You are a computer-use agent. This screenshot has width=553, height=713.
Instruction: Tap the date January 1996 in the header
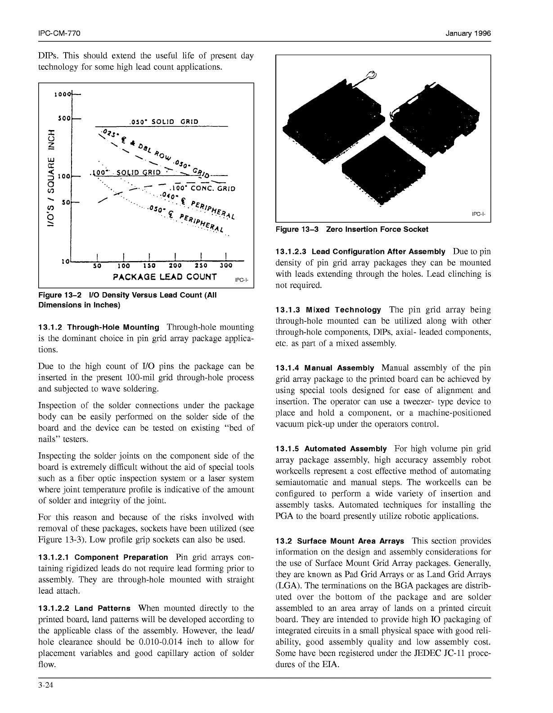(x=468, y=34)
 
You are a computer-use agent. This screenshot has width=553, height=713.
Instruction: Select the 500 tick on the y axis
(x=64, y=118)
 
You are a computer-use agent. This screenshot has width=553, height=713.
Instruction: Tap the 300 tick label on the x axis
(x=226, y=266)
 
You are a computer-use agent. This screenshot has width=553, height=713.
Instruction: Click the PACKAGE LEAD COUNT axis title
(x=165, y=276)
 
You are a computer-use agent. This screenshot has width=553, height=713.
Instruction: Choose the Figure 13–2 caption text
(x=128, y=300)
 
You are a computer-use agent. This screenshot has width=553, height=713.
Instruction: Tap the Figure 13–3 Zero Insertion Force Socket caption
(x=351, y=229)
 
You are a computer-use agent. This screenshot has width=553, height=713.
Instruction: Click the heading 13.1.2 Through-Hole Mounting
(x=99, y=327)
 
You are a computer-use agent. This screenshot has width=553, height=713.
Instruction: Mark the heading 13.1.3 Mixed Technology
(x=328, y=310)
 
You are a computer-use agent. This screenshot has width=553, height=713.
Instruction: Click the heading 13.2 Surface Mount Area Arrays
(x=339, y=541)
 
